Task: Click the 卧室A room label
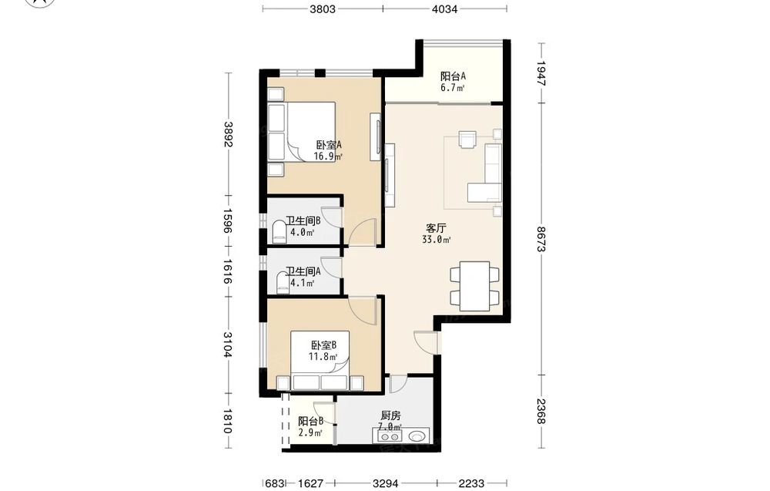click(x=329, y=145)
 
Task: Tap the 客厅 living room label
click(x=436, y=229)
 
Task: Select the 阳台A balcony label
click(x=453, y=76)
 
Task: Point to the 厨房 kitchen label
click(x=390, y=415)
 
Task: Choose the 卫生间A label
click(x=303, y=271)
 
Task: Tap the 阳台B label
click(x=310, y=421)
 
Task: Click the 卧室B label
click(x=323, y=345)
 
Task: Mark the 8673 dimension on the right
click(x=541, y=239)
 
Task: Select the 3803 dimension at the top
click(x=323, y=8)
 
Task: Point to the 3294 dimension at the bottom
click(x=386, y=483)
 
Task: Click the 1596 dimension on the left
click(x=227, y=220)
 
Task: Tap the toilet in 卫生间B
click(x=279, y=232)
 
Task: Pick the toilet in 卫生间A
click(x=283, y=284)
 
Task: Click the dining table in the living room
click(x=474, y=286)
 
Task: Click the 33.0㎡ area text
click(x=436, y=240)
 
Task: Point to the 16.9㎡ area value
click(x=328, y=156)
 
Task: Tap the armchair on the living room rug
click(x=468, y=139)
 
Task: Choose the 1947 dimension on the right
click(x=541, y=73)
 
